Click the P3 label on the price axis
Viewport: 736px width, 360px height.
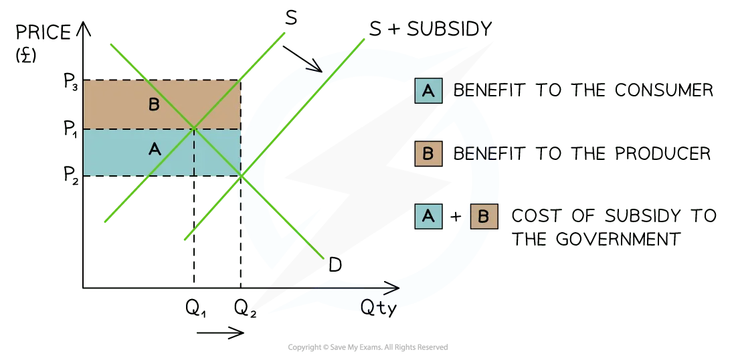pos(70,81)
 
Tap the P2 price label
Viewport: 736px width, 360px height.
pos(70,175)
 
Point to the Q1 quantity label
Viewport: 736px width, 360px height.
pos(196,308)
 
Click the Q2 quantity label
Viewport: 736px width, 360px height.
pos(245,308)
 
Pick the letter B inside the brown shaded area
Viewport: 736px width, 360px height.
pos(153,104)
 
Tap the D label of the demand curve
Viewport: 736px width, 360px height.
pos(335,265)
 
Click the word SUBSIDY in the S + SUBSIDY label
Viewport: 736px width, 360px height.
pos(450,29)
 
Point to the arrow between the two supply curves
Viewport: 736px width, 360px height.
pos(302,59)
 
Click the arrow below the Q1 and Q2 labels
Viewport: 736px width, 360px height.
pos(221,333)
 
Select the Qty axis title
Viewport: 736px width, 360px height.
pos(378,308)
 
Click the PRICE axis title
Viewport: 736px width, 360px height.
pos(43,32)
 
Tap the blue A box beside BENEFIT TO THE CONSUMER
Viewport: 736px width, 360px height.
pos(428,90)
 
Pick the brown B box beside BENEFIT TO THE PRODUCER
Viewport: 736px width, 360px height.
pos(428,153)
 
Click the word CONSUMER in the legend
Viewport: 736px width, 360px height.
pos(665,90)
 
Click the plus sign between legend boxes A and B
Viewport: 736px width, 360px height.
pos(456,217)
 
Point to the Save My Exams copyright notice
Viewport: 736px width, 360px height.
pos(368,347)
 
